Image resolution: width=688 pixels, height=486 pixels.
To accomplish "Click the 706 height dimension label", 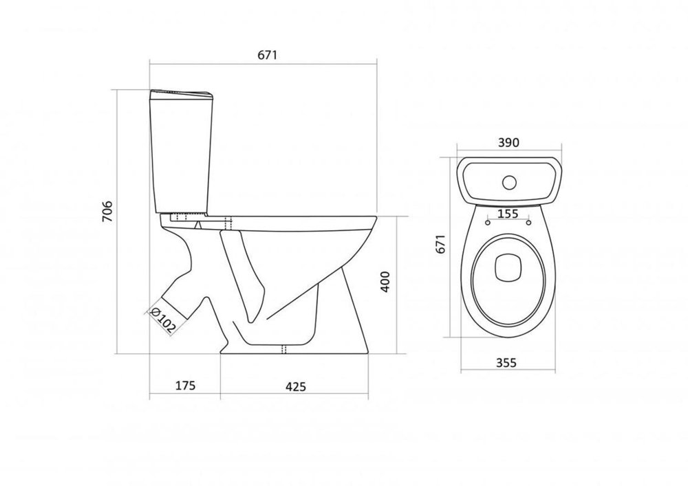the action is (107, 211).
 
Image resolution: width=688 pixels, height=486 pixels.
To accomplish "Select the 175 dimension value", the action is (185, 386).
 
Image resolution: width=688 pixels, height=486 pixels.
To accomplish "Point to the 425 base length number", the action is (296, 386).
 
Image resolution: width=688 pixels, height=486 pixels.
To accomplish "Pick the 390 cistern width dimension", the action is (508, 142).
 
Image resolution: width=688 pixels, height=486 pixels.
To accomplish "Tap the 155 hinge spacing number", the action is (508, 214).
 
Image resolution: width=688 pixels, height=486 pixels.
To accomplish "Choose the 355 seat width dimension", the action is (506, 363).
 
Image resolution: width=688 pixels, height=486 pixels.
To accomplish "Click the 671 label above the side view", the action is (268, 55).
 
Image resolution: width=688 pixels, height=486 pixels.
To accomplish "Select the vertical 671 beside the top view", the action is (442, 243).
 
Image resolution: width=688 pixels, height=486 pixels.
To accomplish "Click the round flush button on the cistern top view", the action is (509, 182).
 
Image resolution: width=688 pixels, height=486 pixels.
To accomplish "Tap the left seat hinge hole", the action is (488, 223).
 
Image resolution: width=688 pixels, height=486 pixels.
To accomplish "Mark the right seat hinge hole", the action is (528, 223).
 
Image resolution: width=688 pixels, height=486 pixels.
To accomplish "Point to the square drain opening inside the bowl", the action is (508, 268).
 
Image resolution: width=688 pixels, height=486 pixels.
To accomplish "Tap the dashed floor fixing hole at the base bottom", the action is (283, 349).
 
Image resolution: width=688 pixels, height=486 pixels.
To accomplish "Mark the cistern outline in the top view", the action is (509, 181).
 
